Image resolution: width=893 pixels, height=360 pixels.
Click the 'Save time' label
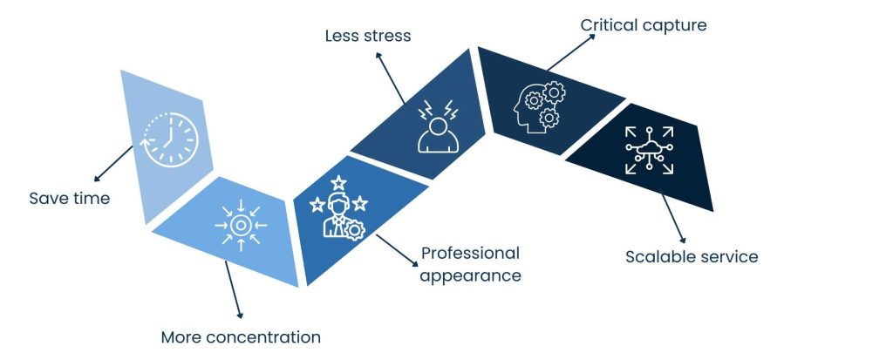[70, 199]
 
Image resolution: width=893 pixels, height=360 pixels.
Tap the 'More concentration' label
[241, 337]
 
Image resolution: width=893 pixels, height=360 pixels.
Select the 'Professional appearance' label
[471, 264]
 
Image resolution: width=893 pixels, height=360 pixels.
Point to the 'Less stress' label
[367, 37]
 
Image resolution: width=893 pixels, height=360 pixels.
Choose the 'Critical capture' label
[644, 25]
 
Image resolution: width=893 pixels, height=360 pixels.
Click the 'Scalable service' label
[692, 257]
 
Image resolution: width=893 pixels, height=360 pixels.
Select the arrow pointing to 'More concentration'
[233, 289]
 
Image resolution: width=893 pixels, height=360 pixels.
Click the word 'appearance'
[471, 275]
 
